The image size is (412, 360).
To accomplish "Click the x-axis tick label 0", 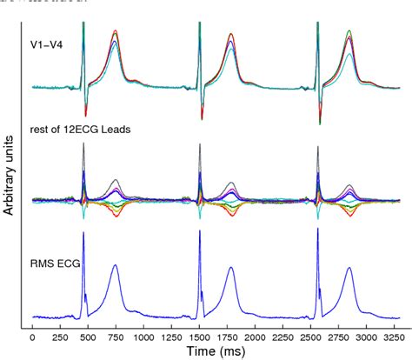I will click(32, 335).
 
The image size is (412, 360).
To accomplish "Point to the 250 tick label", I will click(58, 335).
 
